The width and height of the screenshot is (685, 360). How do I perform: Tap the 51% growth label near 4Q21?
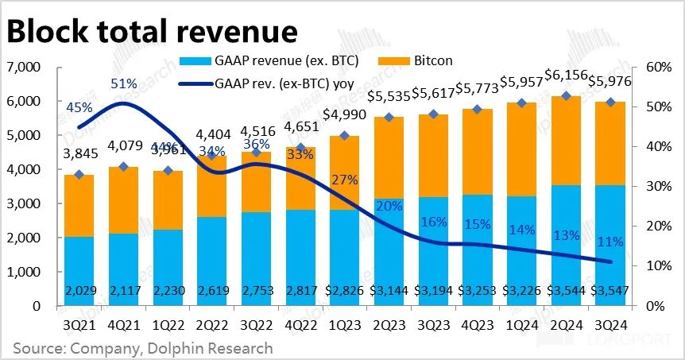(x=124, y=83)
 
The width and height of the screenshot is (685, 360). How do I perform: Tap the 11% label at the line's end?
(x=610, y=241)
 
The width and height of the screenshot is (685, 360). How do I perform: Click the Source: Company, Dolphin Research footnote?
(x=142, y=348)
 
